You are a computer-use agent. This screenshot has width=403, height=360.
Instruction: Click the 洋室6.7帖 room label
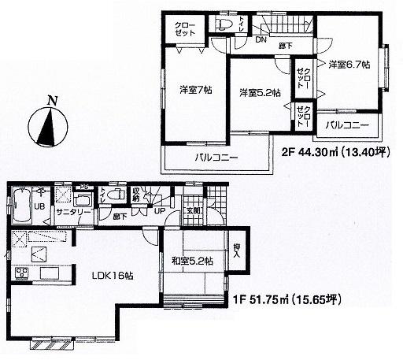[x=348, y=64]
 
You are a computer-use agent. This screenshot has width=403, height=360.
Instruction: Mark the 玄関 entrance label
[x=194, y=210]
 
